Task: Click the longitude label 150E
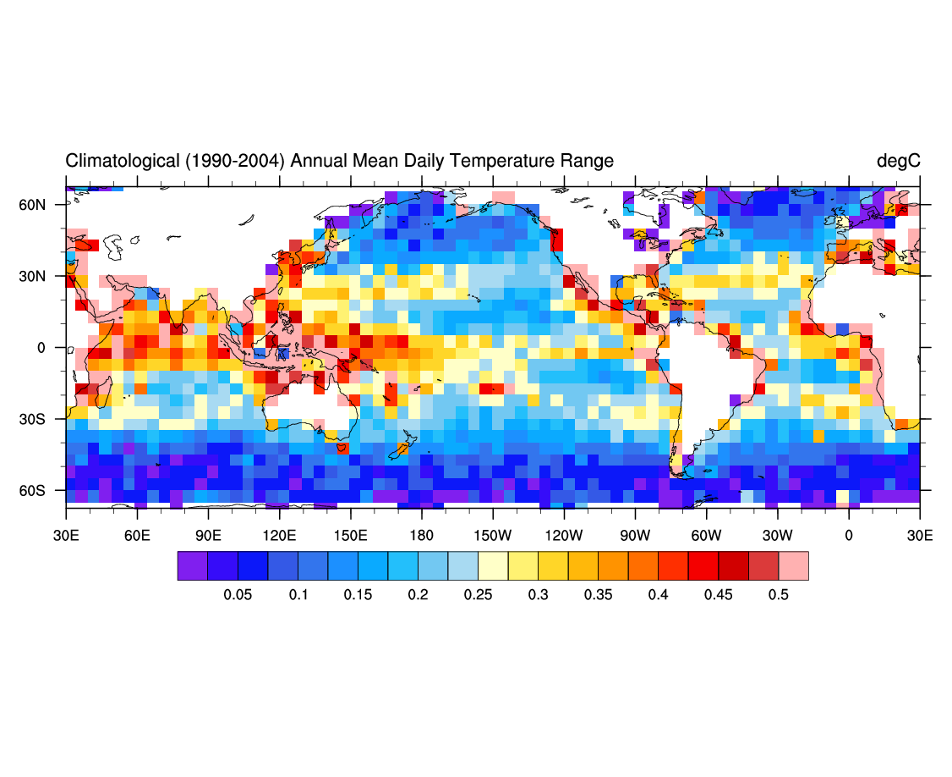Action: coord(350,536)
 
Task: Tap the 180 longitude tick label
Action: coord(421,536)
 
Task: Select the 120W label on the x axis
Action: coord(564,536)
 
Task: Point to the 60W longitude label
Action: coord(706,536)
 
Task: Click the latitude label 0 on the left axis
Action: coord(52,348)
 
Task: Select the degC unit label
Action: coord(898,161)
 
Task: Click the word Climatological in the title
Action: coord(122,161)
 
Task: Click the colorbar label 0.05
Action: coord(238,595)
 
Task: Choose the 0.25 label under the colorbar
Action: coord(479,595)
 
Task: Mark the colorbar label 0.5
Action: coord(779,595)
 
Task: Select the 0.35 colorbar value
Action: coord(599,595)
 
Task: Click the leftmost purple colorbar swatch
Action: coord(192,565)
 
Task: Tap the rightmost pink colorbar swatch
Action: coord(793,565)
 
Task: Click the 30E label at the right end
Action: coord(920,536)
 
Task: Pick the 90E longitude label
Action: coord(208,536)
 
